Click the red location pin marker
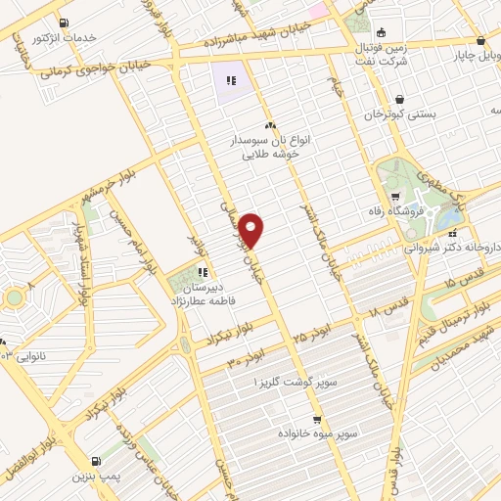click(252, 229)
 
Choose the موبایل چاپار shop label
click(471, 56)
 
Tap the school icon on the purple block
click(231, 80)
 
